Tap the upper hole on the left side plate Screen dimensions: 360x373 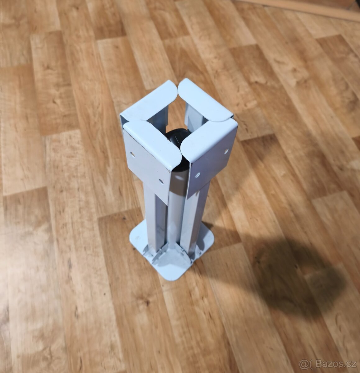point(132,154)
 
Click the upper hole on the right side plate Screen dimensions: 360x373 point(226,150)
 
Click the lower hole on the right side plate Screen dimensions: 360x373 point(198,175)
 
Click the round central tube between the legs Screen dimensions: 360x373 point(176,209)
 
